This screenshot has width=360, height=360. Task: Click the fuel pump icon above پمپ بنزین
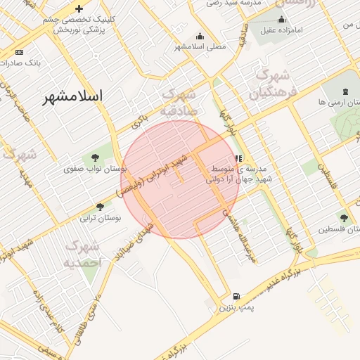tap(235, 297)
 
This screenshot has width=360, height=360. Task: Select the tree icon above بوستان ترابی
tap(100, 207)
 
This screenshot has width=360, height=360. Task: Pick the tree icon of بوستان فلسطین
tap(343, 219)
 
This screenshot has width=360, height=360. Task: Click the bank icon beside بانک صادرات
tap(19, 53)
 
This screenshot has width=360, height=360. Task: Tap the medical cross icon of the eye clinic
tap(79, 9)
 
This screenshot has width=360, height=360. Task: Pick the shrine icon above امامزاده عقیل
tap(282, 19)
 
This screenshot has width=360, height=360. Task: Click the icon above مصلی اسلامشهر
tap(200, 37)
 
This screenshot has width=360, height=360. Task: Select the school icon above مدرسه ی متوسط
tap(238, 159)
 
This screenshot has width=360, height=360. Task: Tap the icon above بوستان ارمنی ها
tap(345, 92)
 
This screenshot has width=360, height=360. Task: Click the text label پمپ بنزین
tap(235, 307)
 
